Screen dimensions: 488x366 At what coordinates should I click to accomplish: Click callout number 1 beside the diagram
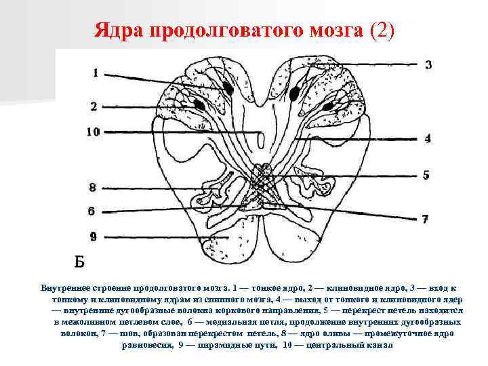96,73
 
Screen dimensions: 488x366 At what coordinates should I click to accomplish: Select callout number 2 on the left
94,106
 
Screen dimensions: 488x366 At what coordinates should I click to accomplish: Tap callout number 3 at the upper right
428,64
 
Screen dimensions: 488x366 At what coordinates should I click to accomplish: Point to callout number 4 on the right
428,138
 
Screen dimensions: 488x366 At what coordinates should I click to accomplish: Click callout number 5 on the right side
426,175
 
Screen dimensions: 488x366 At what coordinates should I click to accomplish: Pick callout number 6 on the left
91,211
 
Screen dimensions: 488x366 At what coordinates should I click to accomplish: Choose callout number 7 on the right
425,219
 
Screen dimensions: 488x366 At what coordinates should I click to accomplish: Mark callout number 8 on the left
92,187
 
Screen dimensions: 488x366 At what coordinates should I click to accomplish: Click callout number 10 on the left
94,131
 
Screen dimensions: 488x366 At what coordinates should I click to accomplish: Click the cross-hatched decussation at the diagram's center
260,180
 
